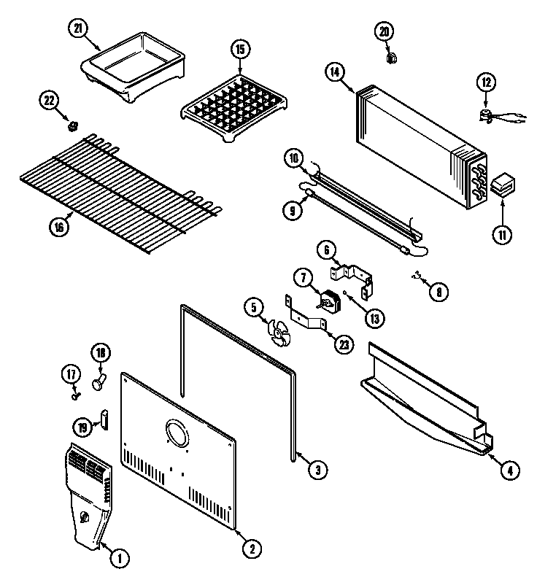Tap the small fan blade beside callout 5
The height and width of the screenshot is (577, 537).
coord(277,332)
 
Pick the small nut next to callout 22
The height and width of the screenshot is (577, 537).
coord(72,127)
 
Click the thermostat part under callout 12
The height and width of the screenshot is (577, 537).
coord(485,112)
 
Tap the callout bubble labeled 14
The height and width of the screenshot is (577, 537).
coord(334,71)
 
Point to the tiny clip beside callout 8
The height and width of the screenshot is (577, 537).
coord(418,276)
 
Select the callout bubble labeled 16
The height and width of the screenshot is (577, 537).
coord(61,228)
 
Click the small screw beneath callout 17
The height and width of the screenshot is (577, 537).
coord(75,395)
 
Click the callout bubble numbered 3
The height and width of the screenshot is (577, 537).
coord(314,470)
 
